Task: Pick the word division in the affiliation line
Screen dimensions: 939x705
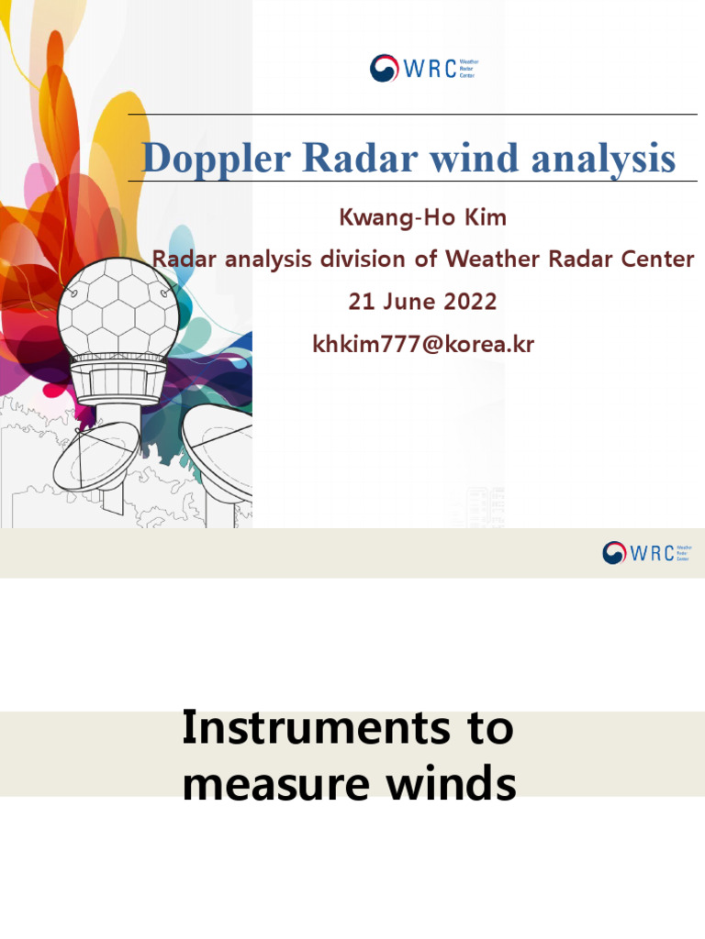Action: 363,260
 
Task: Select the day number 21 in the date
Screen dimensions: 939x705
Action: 362,302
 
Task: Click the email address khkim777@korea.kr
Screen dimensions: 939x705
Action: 423,345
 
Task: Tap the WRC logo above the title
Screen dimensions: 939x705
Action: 423,68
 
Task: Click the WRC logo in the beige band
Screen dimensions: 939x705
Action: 646,552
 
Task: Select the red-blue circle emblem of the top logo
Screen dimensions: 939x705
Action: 384,69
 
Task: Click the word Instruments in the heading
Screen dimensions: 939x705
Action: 294,729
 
